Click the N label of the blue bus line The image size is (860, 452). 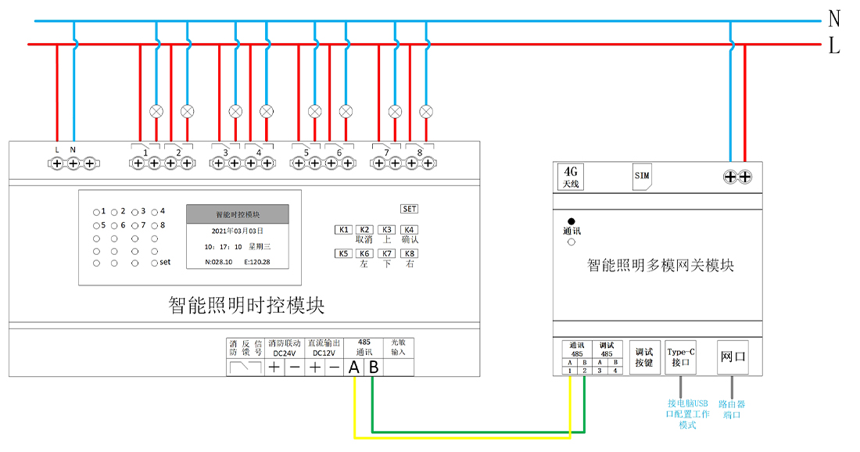point(834,19)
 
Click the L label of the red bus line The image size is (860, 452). point(834,47)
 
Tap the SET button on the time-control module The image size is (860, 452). point(410,209)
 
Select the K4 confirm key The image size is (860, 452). point(410,230)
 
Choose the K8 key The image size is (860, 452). point(410,253)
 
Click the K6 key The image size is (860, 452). point(364,253)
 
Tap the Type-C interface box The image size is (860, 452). point(679,357)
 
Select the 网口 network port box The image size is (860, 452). point(733,357)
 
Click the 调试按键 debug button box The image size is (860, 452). point(643,357)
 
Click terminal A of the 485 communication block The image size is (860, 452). point(354,368)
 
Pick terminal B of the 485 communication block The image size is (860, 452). point(374,368)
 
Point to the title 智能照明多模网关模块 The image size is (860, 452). point(661,266)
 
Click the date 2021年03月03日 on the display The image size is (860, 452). point(238,231)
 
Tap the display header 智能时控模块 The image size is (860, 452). point(238,214)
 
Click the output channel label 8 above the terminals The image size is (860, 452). point(420,151)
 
